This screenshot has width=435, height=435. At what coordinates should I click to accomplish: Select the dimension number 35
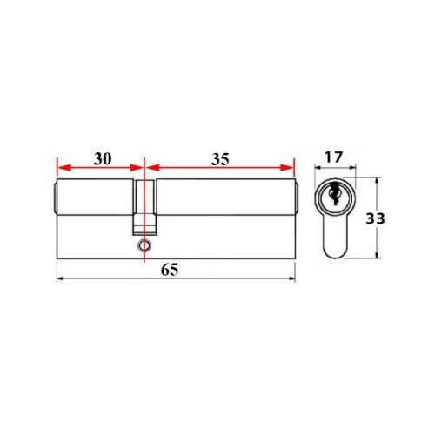pos(219,159)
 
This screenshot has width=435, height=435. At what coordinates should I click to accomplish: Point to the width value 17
pos(331,159)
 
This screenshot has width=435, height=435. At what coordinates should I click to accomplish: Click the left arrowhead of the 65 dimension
pos(59,279)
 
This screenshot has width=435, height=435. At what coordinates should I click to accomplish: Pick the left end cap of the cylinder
pos(54,199)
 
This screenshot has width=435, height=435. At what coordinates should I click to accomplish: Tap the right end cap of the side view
pos(297,199)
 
